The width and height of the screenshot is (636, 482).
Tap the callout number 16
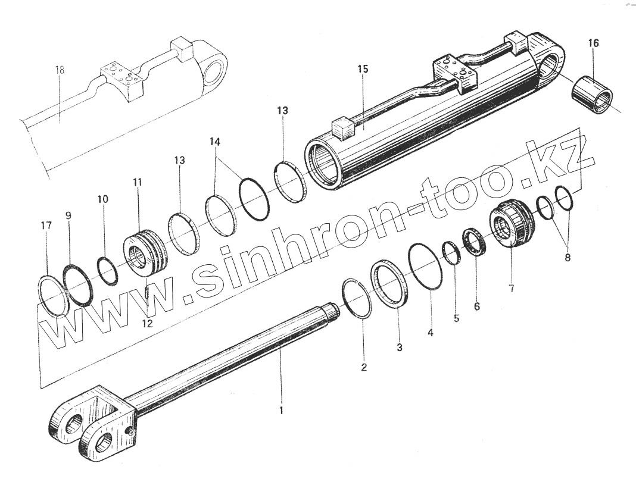(594, 43)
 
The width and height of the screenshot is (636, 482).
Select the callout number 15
(363, 70)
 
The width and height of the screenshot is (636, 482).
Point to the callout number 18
(60, 70)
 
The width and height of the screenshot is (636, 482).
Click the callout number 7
(512, 289)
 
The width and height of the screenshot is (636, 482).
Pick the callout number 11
(138, 183)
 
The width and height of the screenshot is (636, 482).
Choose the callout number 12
(147, 323)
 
